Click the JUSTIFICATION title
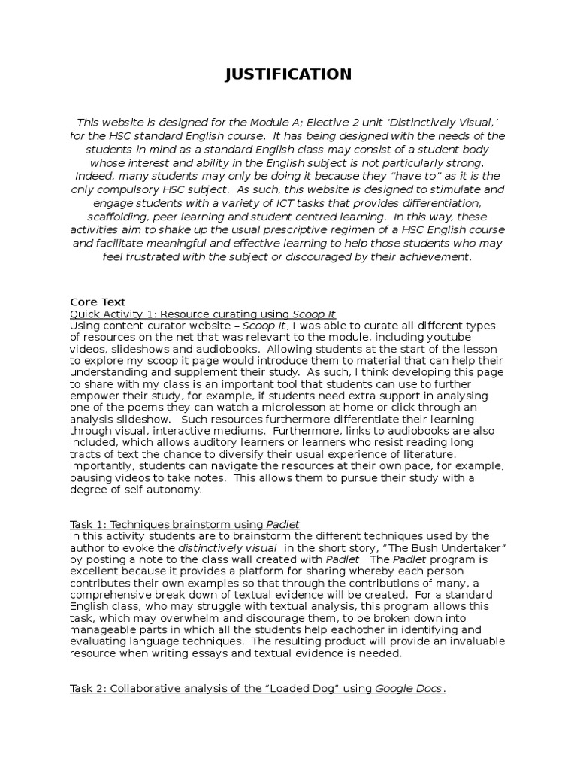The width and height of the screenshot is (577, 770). (288, 74)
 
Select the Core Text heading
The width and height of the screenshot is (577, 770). (97, 302)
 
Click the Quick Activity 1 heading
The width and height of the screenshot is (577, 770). (203, 314)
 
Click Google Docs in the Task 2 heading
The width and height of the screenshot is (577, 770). (409, 690)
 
